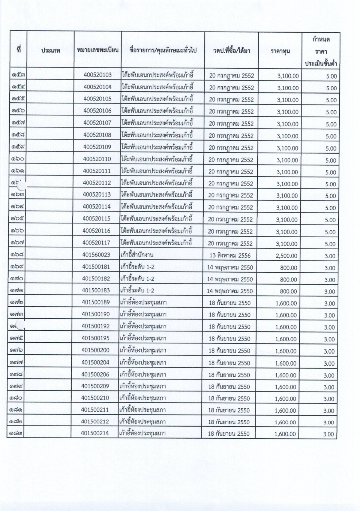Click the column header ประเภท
51,51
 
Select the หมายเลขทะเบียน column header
97,50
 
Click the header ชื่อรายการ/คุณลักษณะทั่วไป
162,50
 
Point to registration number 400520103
97,75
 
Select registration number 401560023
96,255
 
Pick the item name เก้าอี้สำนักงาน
137,255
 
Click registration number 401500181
96,267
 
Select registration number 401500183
96,291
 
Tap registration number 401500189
96,303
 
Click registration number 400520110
97,159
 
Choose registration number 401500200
96,350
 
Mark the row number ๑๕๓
18,75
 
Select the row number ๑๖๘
17,255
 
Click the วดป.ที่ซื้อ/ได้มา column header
231,51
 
